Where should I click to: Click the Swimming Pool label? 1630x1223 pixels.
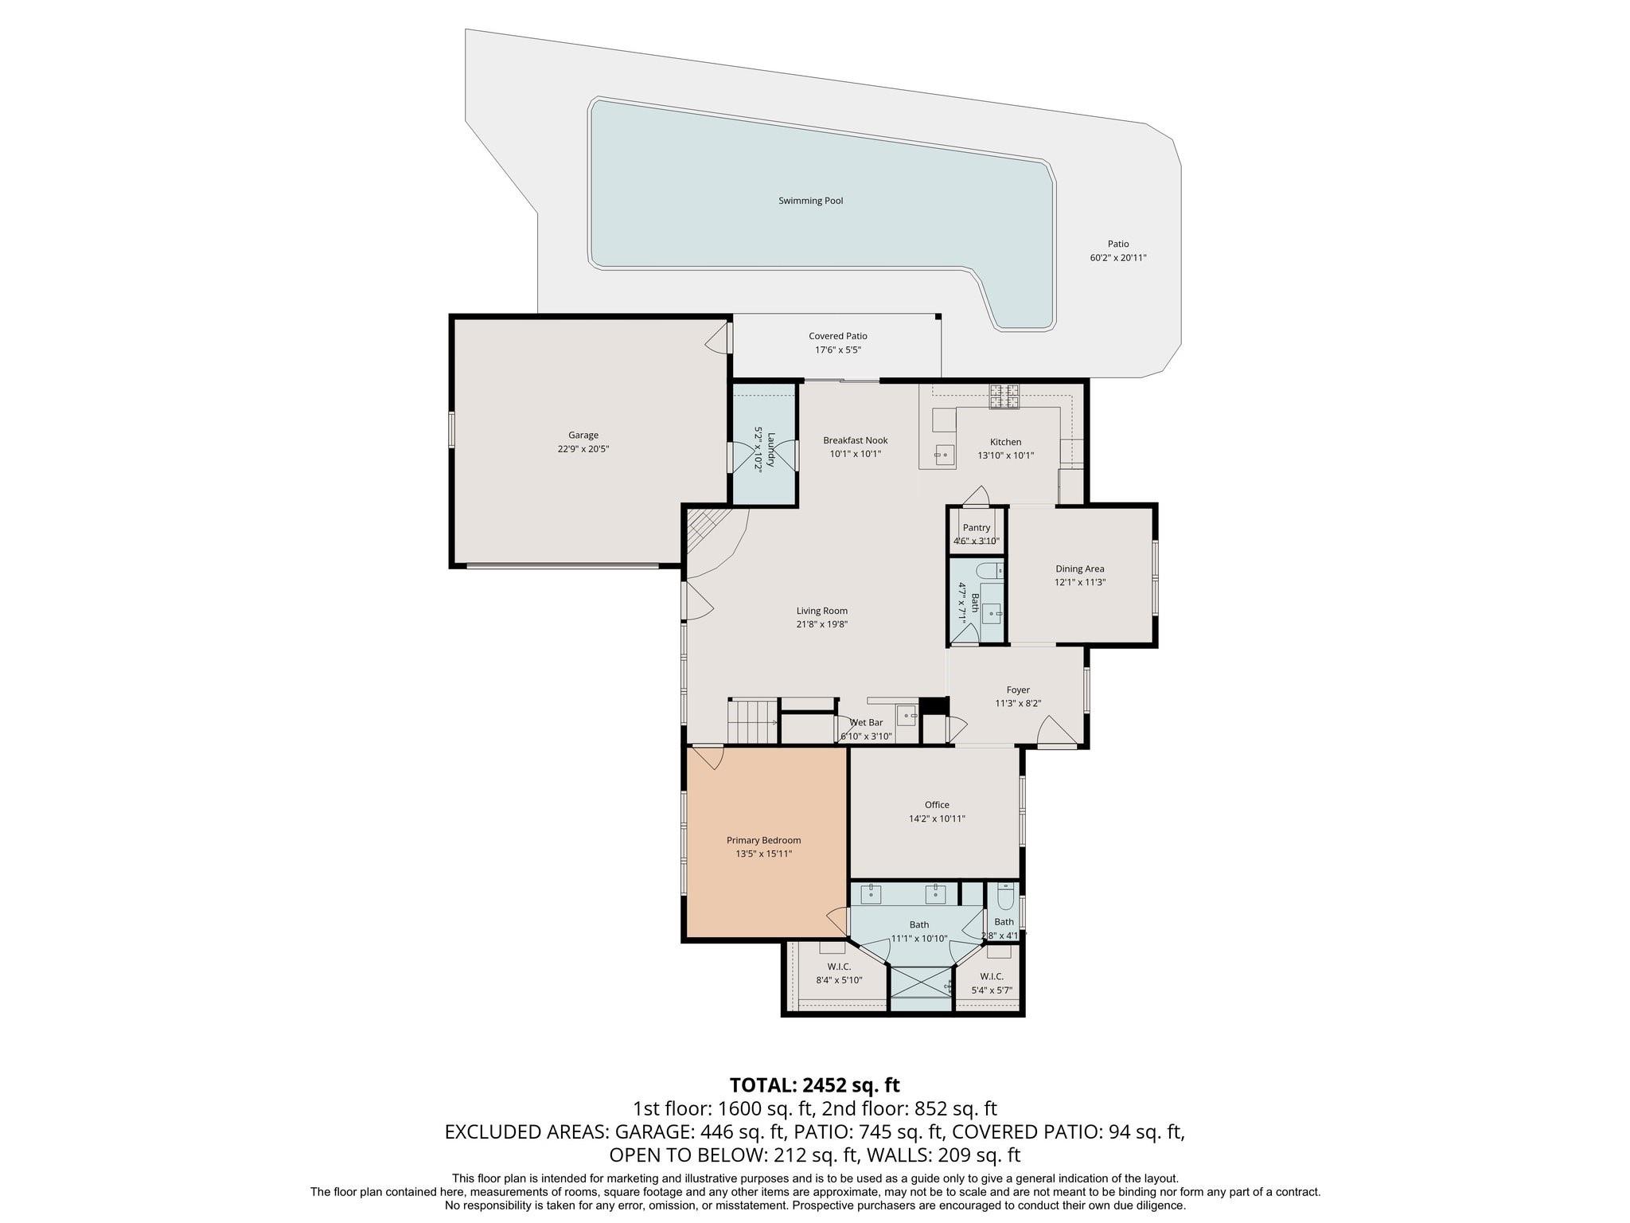point(810,201)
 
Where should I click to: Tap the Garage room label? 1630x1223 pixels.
point(583,436)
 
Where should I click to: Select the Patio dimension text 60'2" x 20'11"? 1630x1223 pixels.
point(1118,258)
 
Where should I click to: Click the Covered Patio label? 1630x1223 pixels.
point(838,336)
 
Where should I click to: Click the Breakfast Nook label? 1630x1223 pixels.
point(856,440)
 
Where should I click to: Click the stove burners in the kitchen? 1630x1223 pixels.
point(1004,397)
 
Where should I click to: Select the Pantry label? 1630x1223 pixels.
point(977,528)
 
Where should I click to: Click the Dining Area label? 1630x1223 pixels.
point(1080,569)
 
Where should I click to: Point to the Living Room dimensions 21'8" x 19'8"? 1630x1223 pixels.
point(822,625)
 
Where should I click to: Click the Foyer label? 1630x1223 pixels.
point(1018,690)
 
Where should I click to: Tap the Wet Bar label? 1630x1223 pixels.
point(866,723)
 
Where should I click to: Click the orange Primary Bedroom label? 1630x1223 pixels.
point(764,840)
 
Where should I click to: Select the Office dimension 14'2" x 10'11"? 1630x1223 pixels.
point(937,819)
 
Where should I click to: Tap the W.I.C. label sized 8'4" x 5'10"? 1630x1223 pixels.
point(839,967)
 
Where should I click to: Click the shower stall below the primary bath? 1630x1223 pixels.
point(921,989)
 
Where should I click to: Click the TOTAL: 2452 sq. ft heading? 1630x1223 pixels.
point(815,1084)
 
